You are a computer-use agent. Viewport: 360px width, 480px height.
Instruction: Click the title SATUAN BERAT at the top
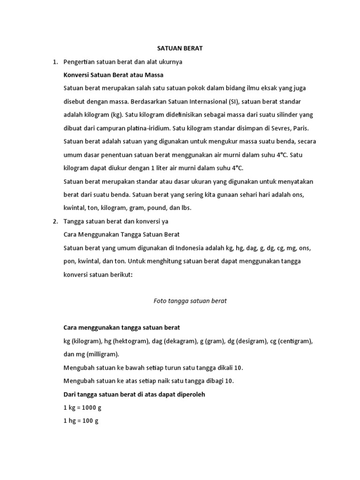(180, 49)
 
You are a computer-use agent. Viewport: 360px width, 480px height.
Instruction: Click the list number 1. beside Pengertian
(55, 62)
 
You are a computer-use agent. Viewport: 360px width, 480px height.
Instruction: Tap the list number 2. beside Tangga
(55, 221)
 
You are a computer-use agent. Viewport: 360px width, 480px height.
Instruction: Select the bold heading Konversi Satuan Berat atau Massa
(113, 75)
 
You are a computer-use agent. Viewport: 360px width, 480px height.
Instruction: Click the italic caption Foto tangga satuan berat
(190, 301)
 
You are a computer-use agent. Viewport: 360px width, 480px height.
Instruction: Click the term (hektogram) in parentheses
(127, 341)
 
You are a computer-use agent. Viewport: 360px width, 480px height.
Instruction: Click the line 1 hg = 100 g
(81, 421)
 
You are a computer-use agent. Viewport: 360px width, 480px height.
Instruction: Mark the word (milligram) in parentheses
(100, 354)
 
